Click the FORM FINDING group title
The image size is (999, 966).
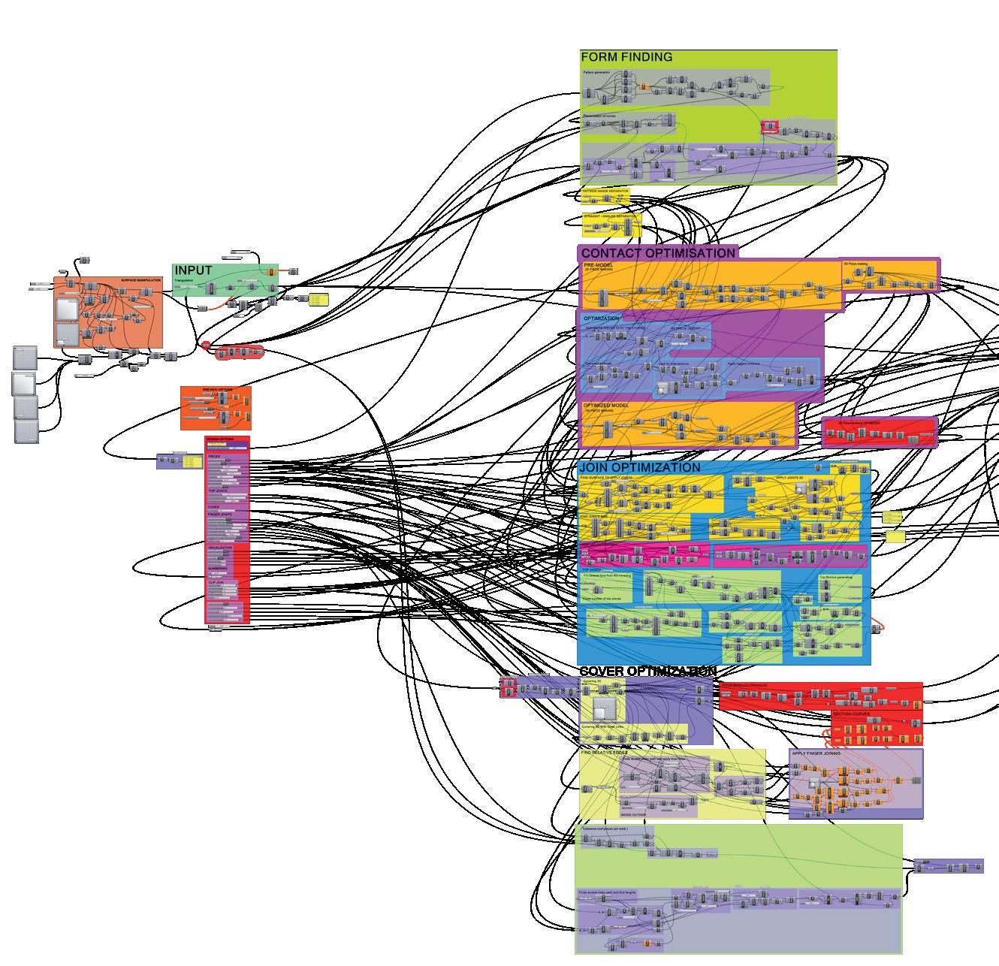(x=626, y=57)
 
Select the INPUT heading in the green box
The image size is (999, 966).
(x=193, y=270)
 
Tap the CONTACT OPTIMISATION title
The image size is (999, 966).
(x=658, y=253)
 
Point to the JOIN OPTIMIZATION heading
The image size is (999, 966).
(x=640, y=467)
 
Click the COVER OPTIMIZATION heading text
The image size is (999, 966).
(x=647, y=671)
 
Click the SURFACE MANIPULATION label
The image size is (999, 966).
(x=140, y=280)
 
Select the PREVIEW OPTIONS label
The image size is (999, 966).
(x=218, y=390)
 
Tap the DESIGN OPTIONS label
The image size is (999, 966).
(x=221, y=439)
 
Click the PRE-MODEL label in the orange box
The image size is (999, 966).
(x=599, y=264)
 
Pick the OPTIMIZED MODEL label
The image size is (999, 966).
(x=606, y=405)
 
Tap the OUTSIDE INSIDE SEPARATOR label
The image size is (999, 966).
(x=605, y=192)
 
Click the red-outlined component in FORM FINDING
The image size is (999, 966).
(x=770, y=128)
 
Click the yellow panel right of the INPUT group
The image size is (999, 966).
(x=318, y=299)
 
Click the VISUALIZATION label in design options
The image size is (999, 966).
(x=220, y=548)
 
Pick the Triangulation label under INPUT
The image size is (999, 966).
(x=185, y=279)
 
